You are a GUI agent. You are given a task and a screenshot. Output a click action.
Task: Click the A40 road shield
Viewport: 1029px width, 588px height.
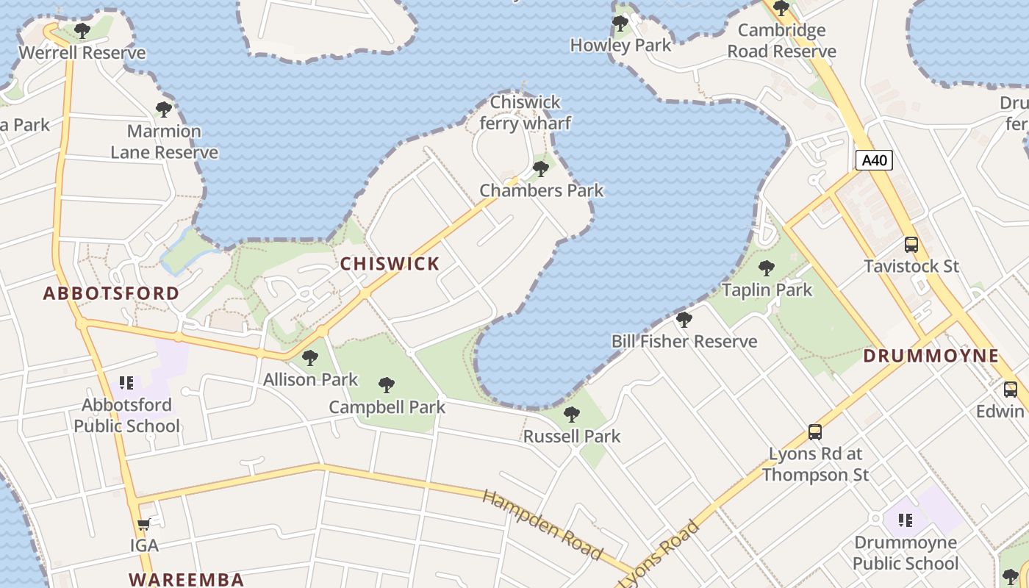coord(874,160)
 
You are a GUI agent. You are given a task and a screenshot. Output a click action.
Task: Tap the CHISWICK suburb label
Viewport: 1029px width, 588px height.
coord(390,264)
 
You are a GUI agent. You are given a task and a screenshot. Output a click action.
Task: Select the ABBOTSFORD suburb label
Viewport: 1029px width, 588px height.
coord(111,293)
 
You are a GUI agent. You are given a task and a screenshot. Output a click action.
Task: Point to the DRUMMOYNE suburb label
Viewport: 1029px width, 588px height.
coord(931,356)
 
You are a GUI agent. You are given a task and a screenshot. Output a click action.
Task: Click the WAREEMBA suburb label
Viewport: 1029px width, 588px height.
coord(187,579)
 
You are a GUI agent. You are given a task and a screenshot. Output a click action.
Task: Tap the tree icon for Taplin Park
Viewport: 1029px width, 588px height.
coord(767,268)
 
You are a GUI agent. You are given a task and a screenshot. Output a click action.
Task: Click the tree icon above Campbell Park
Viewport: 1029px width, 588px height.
coord(387,385)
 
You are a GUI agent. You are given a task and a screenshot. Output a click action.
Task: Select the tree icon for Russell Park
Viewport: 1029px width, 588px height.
coord(572,415)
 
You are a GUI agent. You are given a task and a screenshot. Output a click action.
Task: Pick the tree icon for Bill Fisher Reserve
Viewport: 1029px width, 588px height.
coord(684,320)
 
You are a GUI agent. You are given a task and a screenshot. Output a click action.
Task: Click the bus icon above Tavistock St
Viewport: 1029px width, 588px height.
coord(911,245)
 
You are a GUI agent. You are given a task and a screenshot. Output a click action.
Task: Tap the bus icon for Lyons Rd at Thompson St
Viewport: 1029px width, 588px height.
coord(815,432)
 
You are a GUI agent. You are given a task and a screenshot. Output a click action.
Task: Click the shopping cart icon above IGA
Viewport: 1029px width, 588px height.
coord(144,525)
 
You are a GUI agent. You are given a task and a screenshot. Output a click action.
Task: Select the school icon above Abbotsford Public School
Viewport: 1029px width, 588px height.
coord(126,383)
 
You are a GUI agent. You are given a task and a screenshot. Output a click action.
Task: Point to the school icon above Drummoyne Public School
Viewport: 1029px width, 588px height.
coord(906,521)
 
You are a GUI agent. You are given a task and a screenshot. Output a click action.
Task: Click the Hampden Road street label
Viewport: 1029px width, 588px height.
coord(542,524)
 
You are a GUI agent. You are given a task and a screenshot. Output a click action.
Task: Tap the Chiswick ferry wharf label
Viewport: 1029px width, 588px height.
coord(525,112)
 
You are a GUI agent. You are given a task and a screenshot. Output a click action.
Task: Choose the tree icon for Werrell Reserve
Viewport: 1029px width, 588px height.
coord(82,31)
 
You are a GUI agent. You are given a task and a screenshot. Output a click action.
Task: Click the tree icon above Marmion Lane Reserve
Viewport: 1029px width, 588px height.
coord(164,110)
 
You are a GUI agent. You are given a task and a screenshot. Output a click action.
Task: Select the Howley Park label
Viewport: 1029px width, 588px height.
coord(621,46)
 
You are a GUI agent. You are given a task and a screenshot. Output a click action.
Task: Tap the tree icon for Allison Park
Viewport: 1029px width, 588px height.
coord(310,358)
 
